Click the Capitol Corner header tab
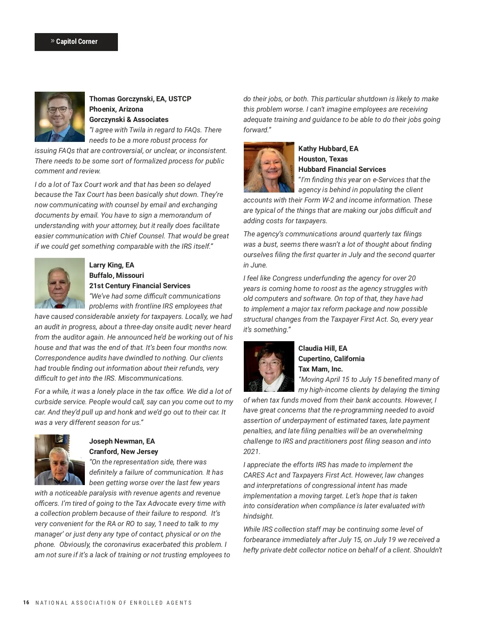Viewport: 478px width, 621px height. (x=76, y=42)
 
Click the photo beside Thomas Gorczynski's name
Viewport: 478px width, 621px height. (x=60, y=117)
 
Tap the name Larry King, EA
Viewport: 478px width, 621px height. (x=112, y=265)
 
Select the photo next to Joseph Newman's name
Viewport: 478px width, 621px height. (x=60, y=460)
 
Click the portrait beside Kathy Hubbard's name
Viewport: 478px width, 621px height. (x=269, y=167)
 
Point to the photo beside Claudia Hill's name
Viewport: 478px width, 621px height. (x=269, y=366)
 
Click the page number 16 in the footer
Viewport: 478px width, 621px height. (x=26, y=603)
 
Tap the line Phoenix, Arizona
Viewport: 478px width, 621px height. (x=116, y=109)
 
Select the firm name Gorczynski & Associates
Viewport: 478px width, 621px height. (x=129, y=120)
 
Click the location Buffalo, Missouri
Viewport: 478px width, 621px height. (x=116, y=275)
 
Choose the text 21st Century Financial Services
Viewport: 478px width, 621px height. (x=139, y=286)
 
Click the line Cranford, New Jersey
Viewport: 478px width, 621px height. (x=123, y=452)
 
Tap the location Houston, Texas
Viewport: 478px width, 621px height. (x=323, y=159)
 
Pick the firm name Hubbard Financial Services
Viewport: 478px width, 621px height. (x=342, y=169)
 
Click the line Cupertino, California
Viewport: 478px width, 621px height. (x=331, y=359)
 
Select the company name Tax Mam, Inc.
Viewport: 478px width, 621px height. (x=320, y=369)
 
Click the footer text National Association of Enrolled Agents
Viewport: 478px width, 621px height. (x=114, y=603)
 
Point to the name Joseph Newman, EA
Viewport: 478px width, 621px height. (x=122, y=441)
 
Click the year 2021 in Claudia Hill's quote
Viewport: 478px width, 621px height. (x=251, y=452)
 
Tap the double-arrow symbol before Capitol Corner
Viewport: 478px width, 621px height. (x=53, y=41)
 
